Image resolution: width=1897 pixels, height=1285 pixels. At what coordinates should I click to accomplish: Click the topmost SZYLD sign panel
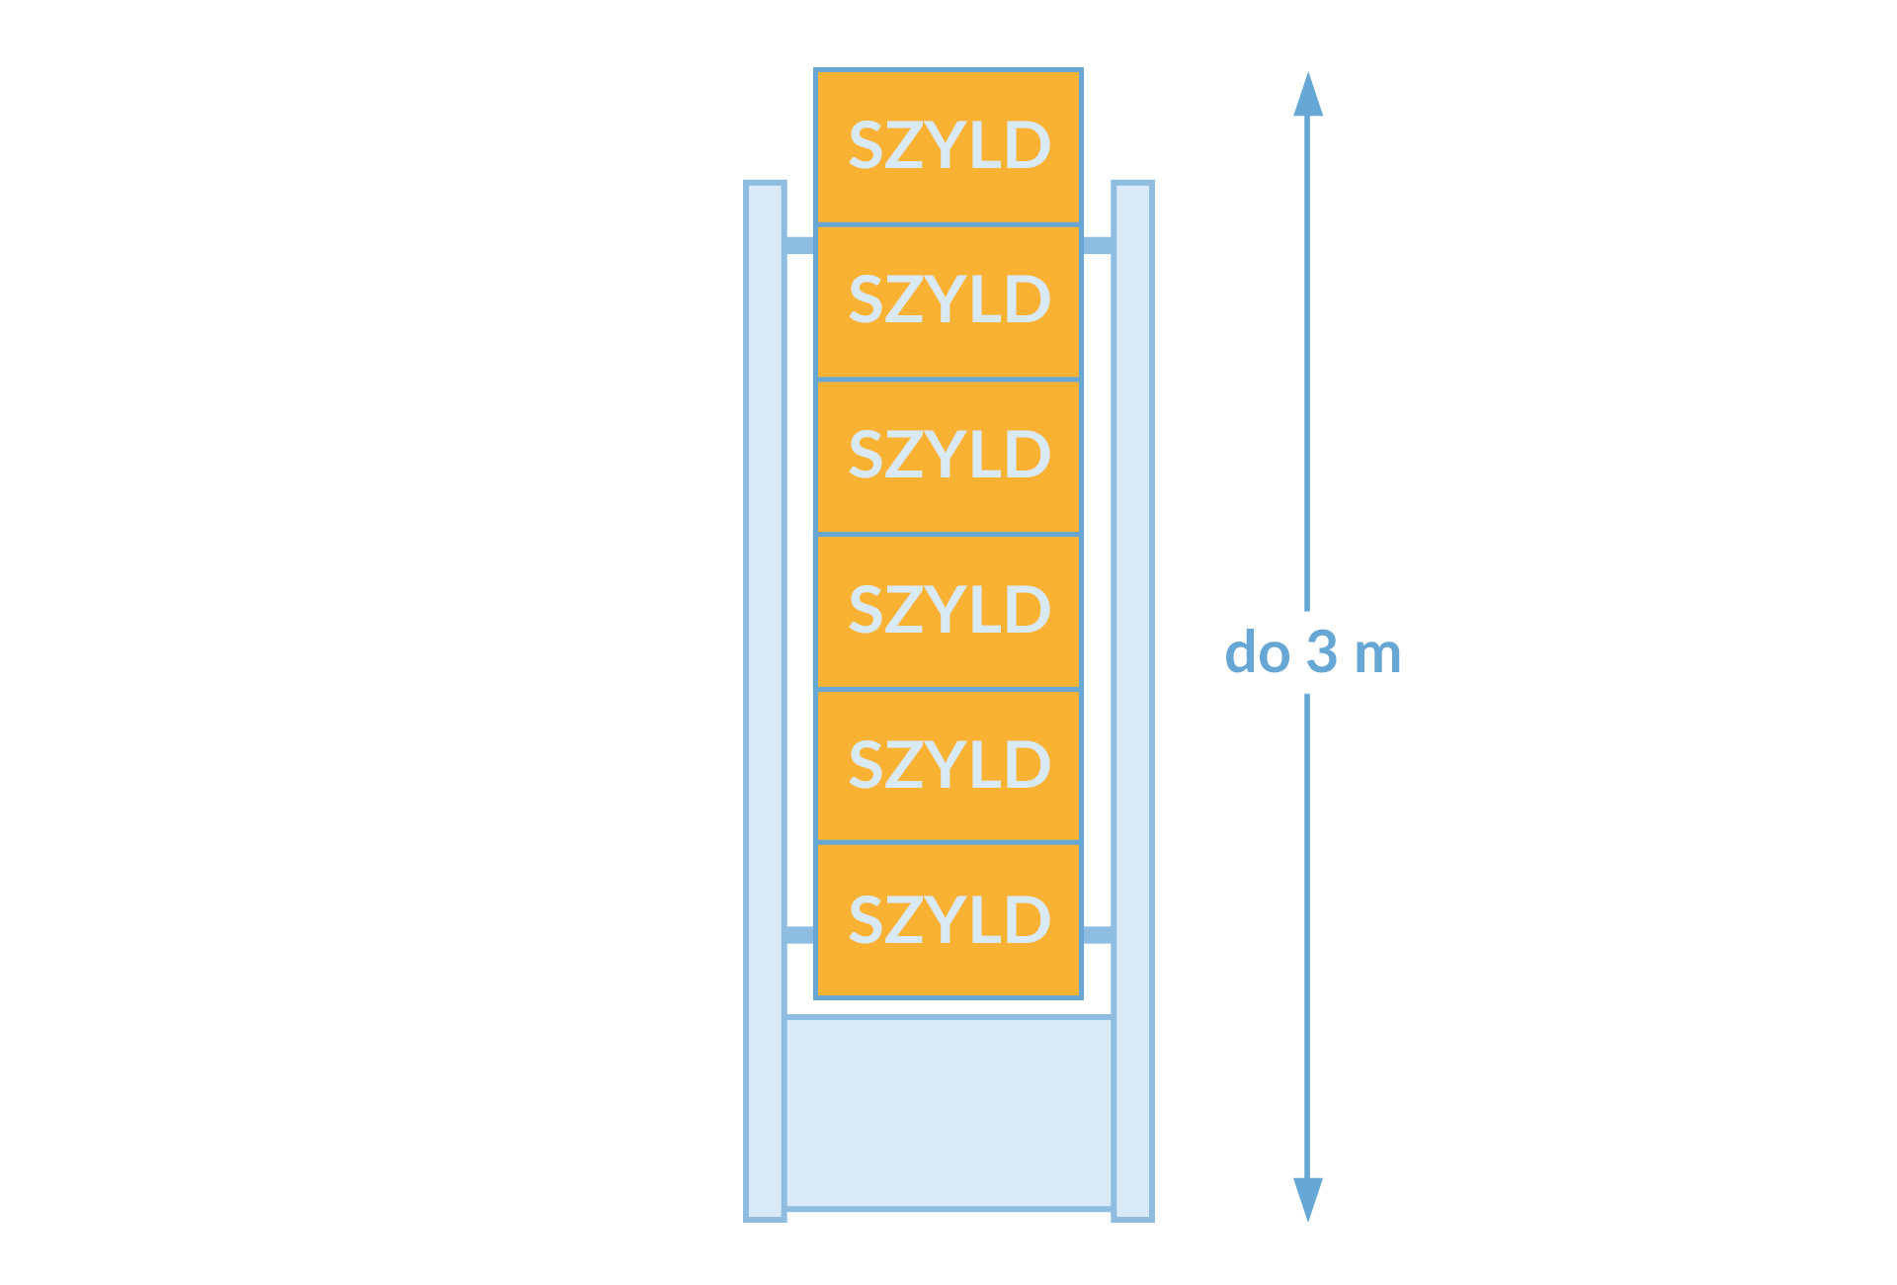click(x=948, y=146)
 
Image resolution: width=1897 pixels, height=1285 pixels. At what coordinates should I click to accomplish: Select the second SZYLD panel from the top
click(x=948, y=301)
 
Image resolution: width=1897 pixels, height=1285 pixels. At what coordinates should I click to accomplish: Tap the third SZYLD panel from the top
click(x=948, y=457)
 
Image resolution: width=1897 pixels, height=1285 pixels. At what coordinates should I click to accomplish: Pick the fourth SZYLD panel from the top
click(x=948, y=611)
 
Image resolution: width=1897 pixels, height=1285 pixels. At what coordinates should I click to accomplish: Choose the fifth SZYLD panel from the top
click(x=948, y=765)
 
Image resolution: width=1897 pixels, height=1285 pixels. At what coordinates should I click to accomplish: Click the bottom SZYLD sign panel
click(x=948, y=920)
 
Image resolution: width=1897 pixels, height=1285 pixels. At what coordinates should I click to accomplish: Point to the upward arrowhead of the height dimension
click(x=1308, y=94)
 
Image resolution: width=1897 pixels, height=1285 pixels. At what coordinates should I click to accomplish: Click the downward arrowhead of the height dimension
click(x=1308, y=1199)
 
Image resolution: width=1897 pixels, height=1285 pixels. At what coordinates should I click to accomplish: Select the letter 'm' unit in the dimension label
click(x=1378, y=655)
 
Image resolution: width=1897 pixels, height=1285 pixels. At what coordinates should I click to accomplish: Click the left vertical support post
click(x=765, y=701)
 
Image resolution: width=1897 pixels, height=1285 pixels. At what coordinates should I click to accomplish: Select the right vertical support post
click(x=1132, y=701)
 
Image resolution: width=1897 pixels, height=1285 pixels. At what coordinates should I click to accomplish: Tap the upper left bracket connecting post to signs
click(x=800, y=245)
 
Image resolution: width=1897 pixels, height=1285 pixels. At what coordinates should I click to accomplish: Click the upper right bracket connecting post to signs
click(x=1097, y=245)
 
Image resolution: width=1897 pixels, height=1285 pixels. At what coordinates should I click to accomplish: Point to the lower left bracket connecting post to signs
click(x=800, y=935)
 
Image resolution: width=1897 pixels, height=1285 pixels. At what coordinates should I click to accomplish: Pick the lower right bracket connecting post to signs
click(x=1097, y=935)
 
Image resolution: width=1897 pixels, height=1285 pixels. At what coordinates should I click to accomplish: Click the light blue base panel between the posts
click(x=948, y=1113)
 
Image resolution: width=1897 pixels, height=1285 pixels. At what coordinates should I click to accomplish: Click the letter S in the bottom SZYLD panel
click(x=866, y=920)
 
